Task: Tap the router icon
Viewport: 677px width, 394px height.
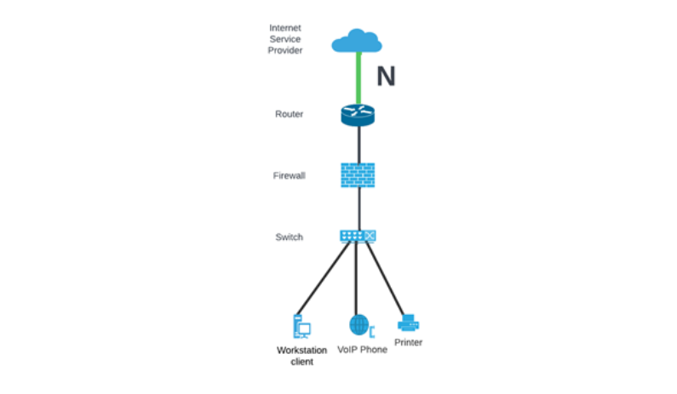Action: [x=358, y=114]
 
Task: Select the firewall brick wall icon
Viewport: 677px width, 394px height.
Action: [x=358, y=175]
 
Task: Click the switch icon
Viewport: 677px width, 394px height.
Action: [x=358, y=236]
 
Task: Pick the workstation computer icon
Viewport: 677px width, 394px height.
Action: [x=301, y=327]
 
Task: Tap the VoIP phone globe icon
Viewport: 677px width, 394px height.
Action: [x=359, y=324]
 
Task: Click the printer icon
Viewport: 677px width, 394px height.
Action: [x=409, y=323]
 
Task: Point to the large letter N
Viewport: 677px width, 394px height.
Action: [x=386, y=77]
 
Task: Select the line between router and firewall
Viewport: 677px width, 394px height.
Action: [x=358, y=145]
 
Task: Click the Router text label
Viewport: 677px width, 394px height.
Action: [x=289, y=114]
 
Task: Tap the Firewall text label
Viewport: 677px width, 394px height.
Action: [x=288, y=175]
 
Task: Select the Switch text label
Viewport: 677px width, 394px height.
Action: [x=289, y=237]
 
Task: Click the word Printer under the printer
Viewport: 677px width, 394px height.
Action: [x=409, y=342]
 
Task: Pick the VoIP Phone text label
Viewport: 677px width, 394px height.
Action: [x=362, y=349]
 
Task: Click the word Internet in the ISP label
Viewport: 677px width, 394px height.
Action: [x=285, y=28]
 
